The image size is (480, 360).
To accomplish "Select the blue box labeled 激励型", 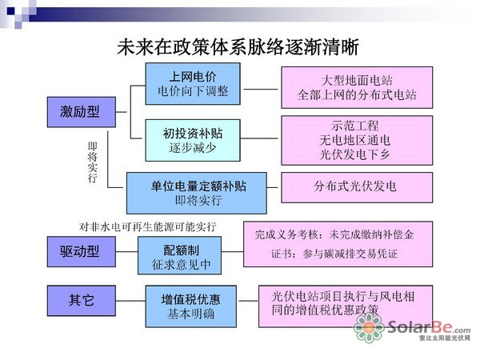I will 81,112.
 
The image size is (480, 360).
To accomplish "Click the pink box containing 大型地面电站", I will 356,87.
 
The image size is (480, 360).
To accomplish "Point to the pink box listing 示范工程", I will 356,138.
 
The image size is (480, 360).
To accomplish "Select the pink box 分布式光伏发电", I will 356,186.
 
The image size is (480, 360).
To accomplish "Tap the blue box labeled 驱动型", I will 81,251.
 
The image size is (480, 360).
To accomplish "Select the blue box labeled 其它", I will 81,301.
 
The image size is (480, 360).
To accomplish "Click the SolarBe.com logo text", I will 429,328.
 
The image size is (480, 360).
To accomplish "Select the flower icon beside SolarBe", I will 370,329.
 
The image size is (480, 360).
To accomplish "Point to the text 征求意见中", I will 180,263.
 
